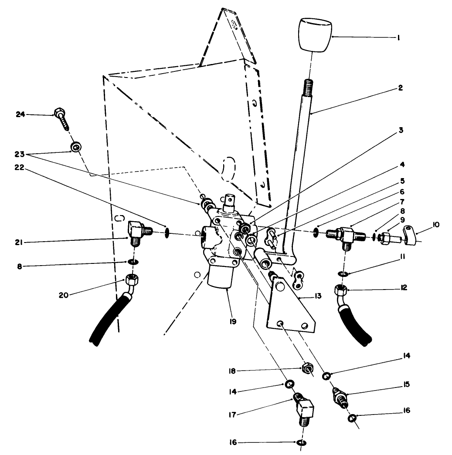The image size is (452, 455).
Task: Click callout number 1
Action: (398, 38)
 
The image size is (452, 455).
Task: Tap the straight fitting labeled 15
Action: (341, 398)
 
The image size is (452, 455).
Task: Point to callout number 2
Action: (400, 88)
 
